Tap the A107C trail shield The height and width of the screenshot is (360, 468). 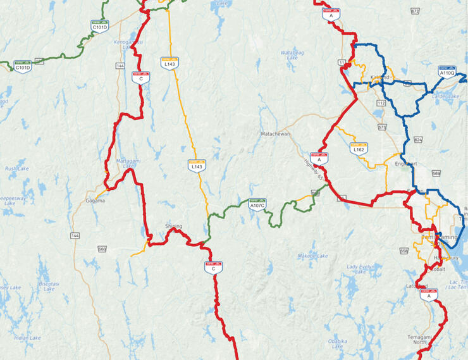point(257,204)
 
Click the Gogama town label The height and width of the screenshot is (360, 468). point(95,201)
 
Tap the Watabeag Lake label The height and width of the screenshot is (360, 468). point(292,55)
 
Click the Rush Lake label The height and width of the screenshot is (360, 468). point(17,169)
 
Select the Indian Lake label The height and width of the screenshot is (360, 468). point(28,338)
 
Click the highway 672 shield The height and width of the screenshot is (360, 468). point(415,11)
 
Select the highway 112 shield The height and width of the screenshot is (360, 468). point(381,102)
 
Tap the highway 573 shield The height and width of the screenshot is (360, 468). point(382,128)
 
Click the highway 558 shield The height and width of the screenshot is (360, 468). point(403,251)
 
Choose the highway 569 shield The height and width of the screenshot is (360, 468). point(436,173)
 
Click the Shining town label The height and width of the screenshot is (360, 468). point(173,226)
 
